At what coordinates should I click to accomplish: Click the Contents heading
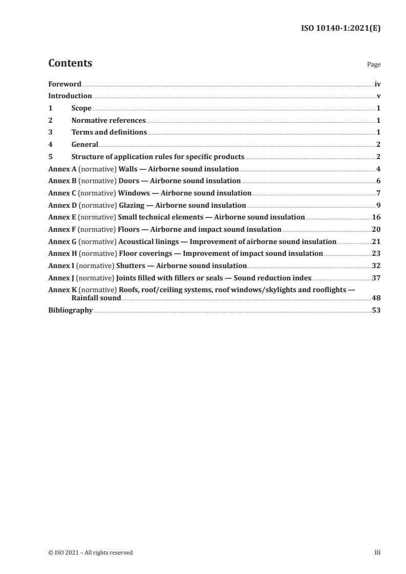click(x=70, y=63)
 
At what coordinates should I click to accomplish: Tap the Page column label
click(x=374, y=65)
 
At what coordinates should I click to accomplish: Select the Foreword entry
click(x=65, y=84)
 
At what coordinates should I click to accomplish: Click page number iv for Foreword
click(x=377, y=84)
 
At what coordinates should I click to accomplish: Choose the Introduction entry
click(x=70, y=96)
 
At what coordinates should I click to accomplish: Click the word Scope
click(x=81, y=108)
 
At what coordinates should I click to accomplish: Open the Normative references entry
click(x=109, y=121)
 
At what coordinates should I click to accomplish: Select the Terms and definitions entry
click(x=109, y=133)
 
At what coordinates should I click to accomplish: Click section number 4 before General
click(x=50, y=145)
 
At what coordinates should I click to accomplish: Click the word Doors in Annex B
click(x=129, y=181)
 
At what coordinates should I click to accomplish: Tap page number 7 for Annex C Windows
click(x=378, y=193)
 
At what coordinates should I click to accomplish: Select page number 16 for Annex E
click(x=376, y=217)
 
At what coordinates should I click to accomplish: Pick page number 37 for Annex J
click(x=376, y=278)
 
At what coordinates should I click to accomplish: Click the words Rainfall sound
click(x=96, y=298)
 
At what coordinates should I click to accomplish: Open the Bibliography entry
click(x=70, y=311)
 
